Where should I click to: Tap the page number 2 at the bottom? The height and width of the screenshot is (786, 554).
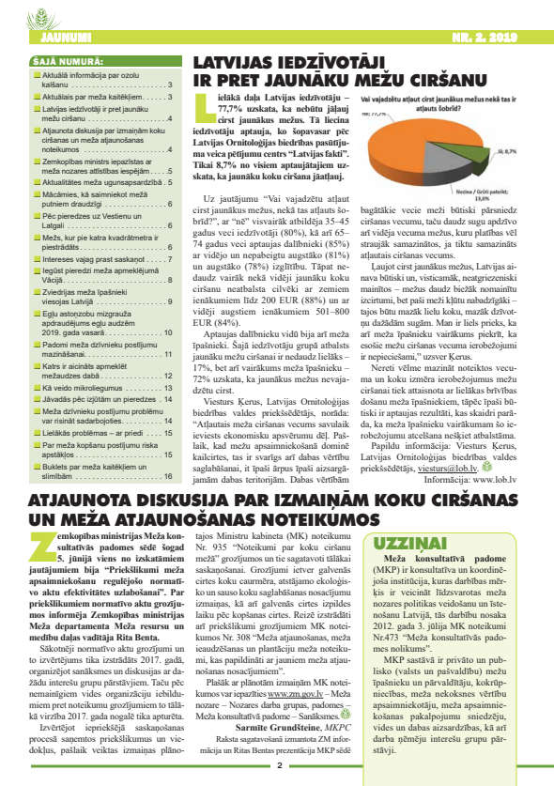[x=279, y=763]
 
